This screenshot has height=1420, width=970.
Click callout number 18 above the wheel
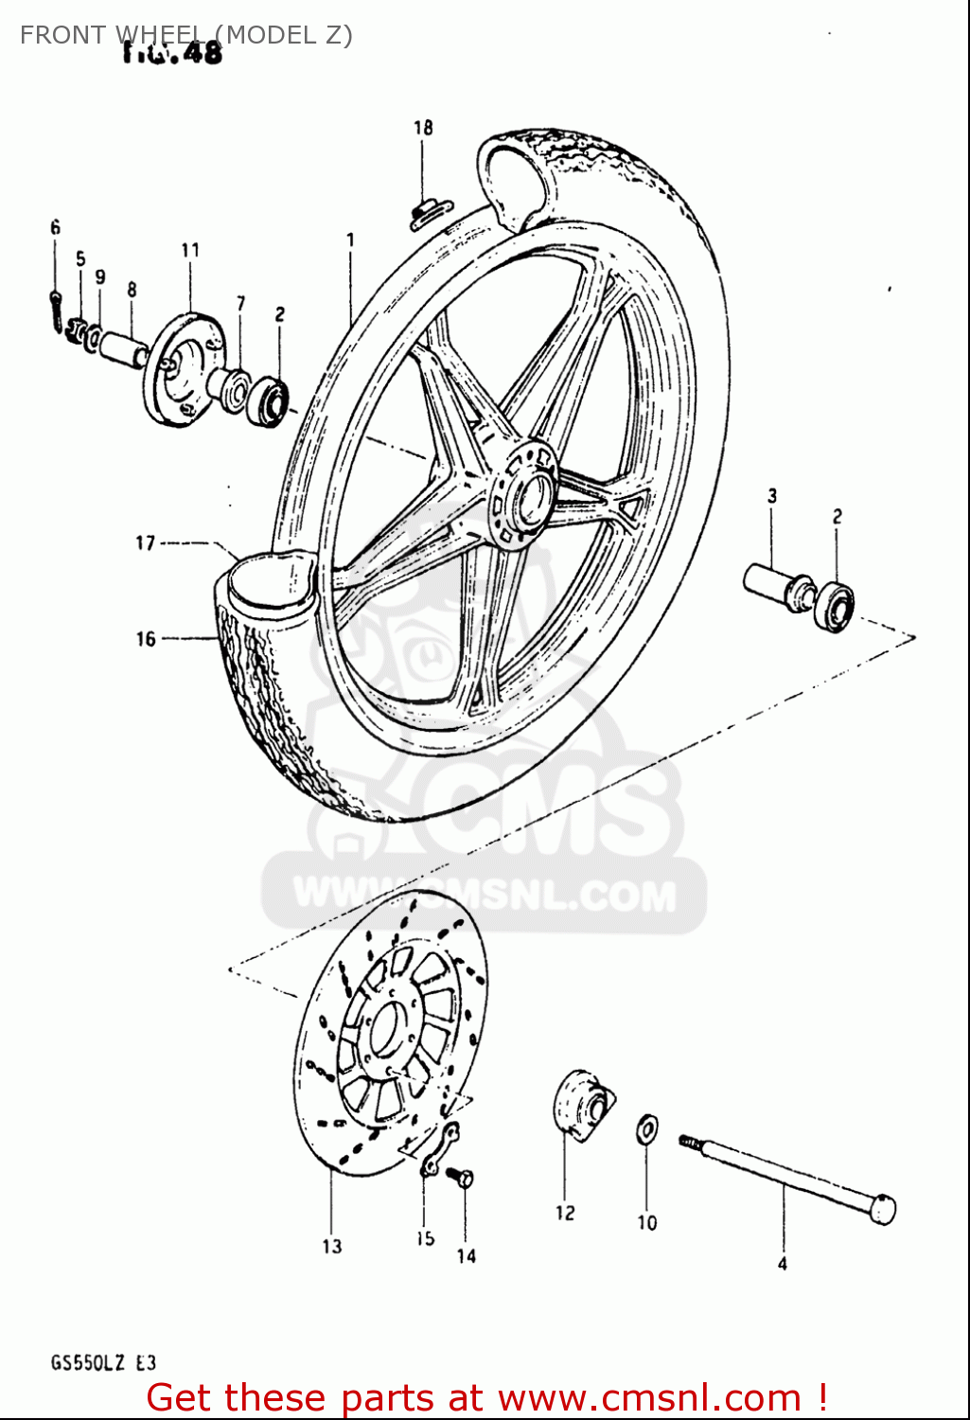click(423, 127)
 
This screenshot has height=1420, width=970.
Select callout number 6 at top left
click(55, 227)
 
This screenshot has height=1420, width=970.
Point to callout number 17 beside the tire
click(145, 543)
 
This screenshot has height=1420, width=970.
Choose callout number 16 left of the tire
click(145, 639)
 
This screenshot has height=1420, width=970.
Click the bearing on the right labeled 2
click(835, 604)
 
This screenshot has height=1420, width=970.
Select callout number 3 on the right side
click(772, 495)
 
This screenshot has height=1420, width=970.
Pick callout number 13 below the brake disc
click(331, 1246)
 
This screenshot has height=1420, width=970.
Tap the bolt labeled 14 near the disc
click(462, 1180)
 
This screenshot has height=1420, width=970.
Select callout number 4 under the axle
click(783, 1264)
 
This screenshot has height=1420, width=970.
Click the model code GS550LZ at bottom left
click(89, 1363)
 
